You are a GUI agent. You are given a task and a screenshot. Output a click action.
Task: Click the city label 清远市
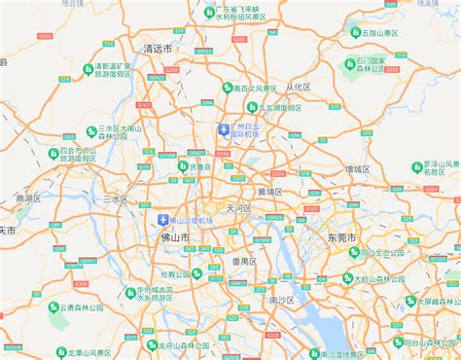point(157,48)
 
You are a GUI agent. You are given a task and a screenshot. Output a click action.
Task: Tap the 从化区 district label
point(296,87)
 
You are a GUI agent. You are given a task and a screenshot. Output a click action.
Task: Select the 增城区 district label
point(357,168)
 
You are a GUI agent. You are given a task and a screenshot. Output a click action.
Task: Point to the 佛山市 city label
point(175,236)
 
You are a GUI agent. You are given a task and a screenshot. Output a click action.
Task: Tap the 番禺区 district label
point(243,261)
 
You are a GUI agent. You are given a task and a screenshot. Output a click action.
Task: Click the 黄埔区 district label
point(269,192)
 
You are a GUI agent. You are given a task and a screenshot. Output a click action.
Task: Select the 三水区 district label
point(116,198)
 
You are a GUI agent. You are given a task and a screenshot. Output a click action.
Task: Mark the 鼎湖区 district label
point(28,198)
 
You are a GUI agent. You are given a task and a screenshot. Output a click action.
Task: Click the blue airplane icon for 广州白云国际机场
point(225,129)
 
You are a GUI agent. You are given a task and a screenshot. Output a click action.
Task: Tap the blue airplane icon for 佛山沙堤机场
point(162,220)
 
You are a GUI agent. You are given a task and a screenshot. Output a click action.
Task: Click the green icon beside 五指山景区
point(355,32)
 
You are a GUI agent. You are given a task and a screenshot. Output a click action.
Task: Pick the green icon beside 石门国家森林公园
point(349,64)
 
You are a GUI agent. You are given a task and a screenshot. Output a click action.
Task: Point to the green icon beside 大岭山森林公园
point(347,278)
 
